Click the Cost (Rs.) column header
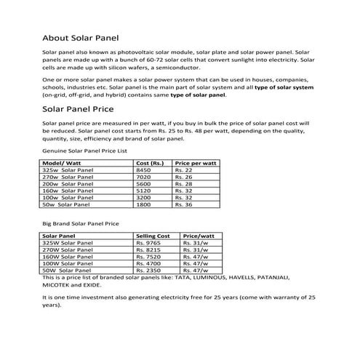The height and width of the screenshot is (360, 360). pyautogui.click(x=151, y=164)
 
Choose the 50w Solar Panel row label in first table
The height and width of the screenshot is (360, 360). pyautogui.click(x=68, y=206)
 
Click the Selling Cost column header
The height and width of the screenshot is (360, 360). pyautogui.click(x=153, y=237)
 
